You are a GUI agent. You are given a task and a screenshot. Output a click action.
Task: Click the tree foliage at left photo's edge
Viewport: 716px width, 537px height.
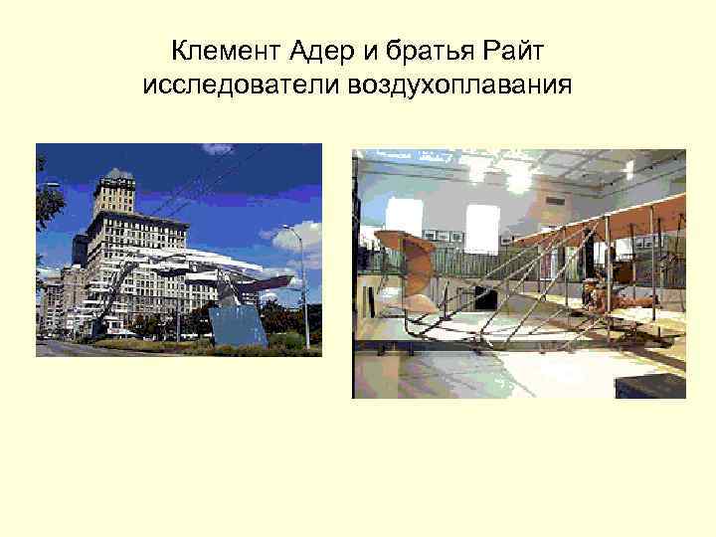click(46, 199)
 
